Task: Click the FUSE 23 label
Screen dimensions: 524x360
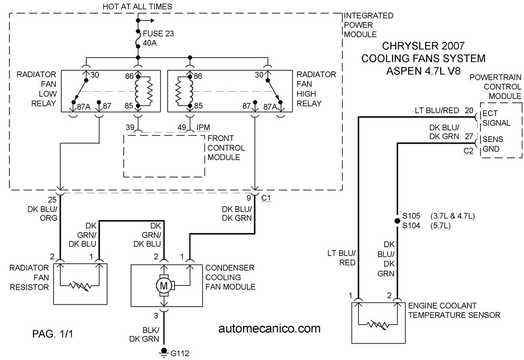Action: point(158,34)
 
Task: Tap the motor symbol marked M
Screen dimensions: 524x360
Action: point(164,286)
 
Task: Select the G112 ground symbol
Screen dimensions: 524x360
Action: point(163,352)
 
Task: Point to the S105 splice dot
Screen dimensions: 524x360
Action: point(397,221)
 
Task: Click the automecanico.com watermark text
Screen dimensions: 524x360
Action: point(269,328)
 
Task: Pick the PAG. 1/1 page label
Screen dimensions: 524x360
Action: point(52,334)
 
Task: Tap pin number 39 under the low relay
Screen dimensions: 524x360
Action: point(130,127)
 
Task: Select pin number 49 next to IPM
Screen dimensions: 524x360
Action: point(182,127)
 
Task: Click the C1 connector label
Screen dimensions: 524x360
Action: point(266,198)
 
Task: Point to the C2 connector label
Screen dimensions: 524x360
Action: point(468,151)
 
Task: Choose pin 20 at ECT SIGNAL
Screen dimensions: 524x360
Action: point(469,111)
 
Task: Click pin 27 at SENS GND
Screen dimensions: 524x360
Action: point(469,136)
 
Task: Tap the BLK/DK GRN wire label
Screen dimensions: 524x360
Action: point(145,334)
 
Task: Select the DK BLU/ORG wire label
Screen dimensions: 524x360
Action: point(42,213)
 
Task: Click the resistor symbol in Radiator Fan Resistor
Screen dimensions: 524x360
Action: point(80,286)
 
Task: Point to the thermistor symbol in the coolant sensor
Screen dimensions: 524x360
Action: point(378,324)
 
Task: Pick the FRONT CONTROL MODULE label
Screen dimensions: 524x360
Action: point(226,147)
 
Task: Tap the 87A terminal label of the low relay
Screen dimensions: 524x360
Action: point(84,106)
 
